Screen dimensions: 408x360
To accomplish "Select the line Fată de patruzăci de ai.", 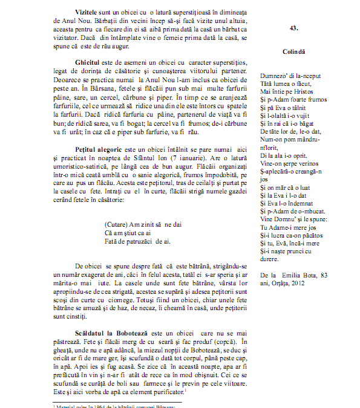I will click(138, 241).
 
